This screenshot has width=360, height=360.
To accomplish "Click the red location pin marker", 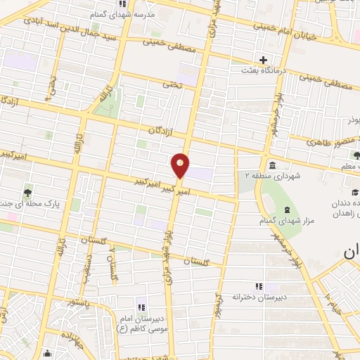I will (181, 165).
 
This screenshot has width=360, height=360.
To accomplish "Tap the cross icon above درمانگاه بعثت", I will (264, 60).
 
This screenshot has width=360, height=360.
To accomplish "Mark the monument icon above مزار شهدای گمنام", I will (286, 210).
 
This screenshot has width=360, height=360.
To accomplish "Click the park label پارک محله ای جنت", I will (28, 203).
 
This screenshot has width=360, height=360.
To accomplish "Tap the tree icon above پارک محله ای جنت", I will (27, 192).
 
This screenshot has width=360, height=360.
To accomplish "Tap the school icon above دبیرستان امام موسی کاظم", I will (141, 307).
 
